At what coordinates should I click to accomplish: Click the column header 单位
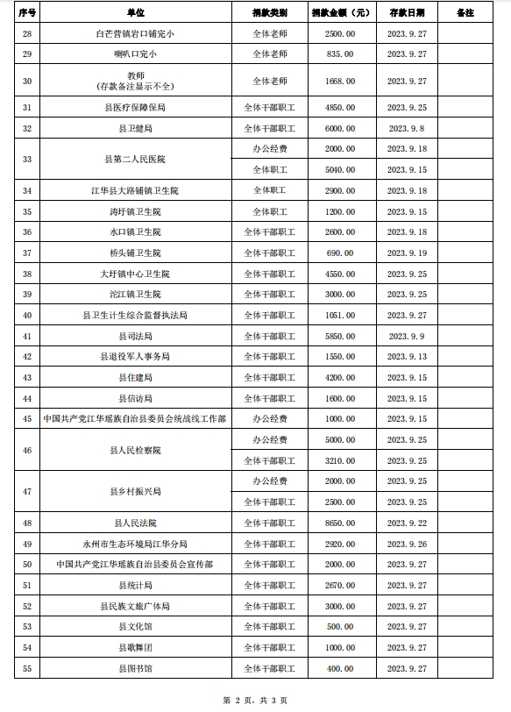click(135, 13)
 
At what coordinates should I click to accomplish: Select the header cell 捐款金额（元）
click(342, 13)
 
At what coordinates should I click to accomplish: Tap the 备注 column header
click(465, 13)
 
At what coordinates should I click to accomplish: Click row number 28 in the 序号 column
click(27, 33)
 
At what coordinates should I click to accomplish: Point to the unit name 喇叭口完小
click(135, 54)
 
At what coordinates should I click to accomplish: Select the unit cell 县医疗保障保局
click(135, 108)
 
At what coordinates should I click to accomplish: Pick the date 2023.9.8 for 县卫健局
click(407, 128)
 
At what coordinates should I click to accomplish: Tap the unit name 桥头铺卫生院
click(135, 253)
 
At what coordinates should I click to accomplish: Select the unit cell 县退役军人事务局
click(135, 357)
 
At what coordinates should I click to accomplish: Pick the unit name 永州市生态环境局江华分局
click(135, 544)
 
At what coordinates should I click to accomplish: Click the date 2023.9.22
click(407, 523)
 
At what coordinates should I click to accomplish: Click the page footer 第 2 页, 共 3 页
click(255, 700)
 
